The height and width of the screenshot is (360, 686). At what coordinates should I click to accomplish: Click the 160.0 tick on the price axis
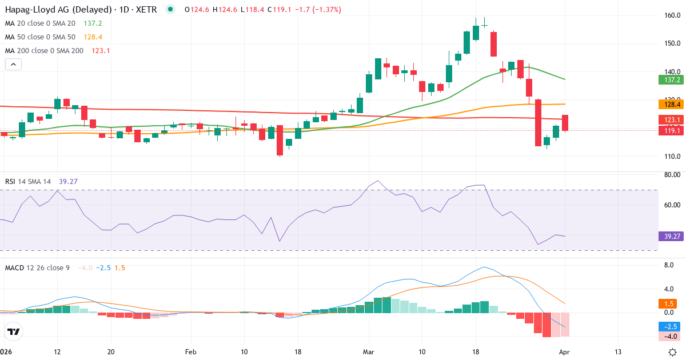coord(672,15)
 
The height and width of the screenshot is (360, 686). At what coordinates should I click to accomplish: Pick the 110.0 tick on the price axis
coord(672,156)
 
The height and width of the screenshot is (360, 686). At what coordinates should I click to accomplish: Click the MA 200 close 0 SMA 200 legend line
coord(44,50)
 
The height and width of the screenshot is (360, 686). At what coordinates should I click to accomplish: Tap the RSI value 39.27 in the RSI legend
coord(68,181)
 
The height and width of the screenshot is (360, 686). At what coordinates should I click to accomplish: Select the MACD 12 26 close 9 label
coord(37,267)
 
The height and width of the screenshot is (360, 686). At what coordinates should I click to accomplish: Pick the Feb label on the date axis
coord(190,351)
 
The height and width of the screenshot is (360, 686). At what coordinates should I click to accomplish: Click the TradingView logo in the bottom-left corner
coord(14,331)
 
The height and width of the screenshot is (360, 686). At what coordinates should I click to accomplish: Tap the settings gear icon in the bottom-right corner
coord(673,351)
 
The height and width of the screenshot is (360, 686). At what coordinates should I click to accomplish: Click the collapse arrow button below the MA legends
coord(13,64)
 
